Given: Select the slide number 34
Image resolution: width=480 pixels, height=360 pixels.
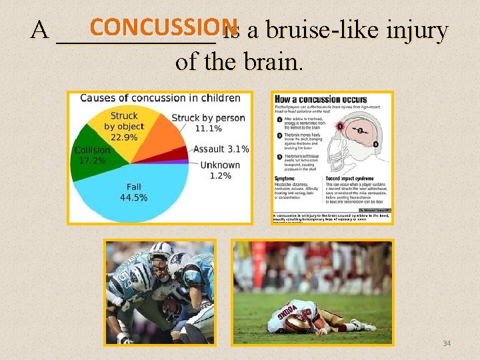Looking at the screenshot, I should [x=447, y=343].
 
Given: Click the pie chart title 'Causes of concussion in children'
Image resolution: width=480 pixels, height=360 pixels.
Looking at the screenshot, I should [x=160, y=98].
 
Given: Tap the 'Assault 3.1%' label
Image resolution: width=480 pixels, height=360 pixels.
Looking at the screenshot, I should [x=221, y=149].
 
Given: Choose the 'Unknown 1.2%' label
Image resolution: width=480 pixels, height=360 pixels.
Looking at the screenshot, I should [x=220, y=170].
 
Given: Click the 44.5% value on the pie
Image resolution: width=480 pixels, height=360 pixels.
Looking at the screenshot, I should [x=134, y=197].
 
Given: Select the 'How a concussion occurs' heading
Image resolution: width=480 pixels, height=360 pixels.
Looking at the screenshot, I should [x=321, y=99].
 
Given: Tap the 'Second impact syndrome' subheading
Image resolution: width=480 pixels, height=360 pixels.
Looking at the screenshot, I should [x=351, y=179].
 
